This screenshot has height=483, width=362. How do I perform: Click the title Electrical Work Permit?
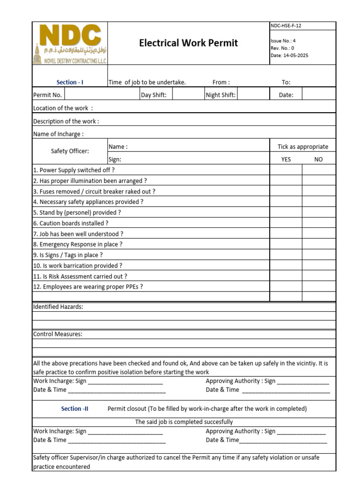[188, 43]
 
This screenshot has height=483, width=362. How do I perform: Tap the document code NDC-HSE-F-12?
[286, 26]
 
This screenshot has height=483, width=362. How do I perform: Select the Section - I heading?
[70, 82]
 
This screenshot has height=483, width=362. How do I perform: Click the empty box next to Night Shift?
[253, 95]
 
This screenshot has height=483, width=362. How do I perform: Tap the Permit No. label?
[48, 95]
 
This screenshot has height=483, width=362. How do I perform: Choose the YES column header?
[286, 159]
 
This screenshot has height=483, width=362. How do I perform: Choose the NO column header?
[319, 159]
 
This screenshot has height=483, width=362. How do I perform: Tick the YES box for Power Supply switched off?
[286, 170]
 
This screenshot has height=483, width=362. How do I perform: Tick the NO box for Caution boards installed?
[319, 223]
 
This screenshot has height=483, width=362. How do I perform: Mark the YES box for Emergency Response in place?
[286, 244]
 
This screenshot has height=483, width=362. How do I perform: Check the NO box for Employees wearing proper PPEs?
[319, 286]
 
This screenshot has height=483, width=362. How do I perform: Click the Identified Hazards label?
[58, 307]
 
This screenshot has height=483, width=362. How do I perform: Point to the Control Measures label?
[58, 334]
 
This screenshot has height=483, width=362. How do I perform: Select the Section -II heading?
[74, 408]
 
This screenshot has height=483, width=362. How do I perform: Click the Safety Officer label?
[70, 151]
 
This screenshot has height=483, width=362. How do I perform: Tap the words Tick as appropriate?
[303, 147]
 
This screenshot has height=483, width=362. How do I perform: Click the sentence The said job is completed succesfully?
[184, 422]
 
